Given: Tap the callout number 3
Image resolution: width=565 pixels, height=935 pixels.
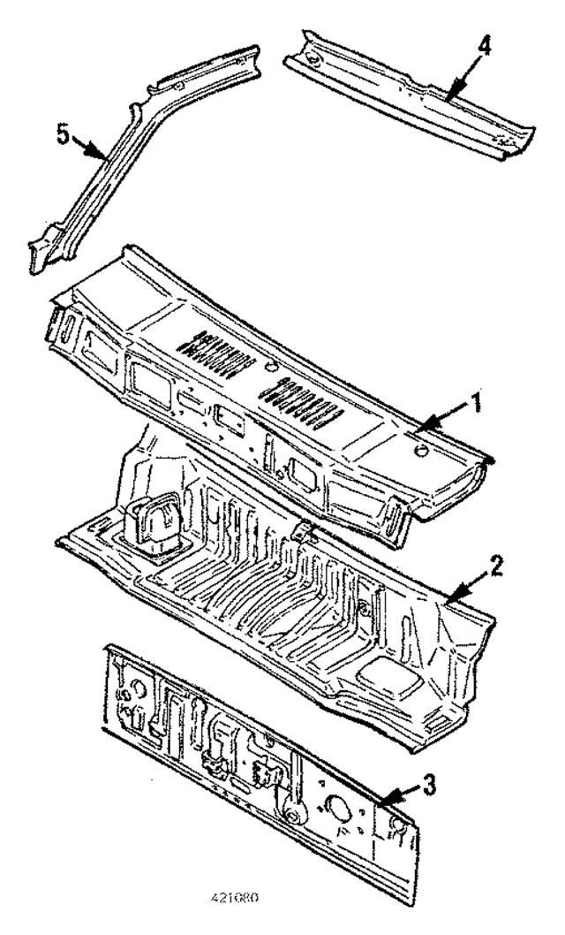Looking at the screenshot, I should [428, 783].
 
